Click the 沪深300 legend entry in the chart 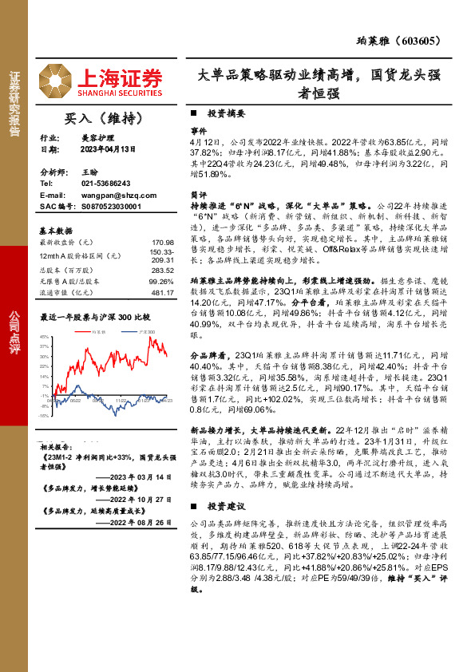pyautogui.click(x=145, y=330)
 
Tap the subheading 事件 pyautogui.click(x=198, y=129)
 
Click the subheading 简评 pyautogui.click(x=198, y=194)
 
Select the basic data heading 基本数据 pyautogui.click(x=57, y=230)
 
